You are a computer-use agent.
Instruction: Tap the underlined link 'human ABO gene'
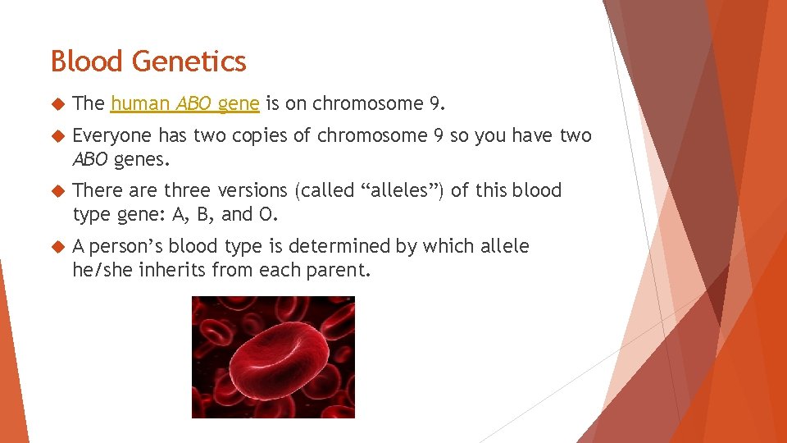[x=185, y=103]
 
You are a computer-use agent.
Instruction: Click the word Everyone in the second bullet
[x=112, y=136]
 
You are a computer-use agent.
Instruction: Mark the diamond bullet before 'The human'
[x=57, y=104]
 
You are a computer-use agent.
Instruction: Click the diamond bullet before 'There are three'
[x=57, y=191]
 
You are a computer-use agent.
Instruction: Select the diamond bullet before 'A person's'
[x=57, y=247]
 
